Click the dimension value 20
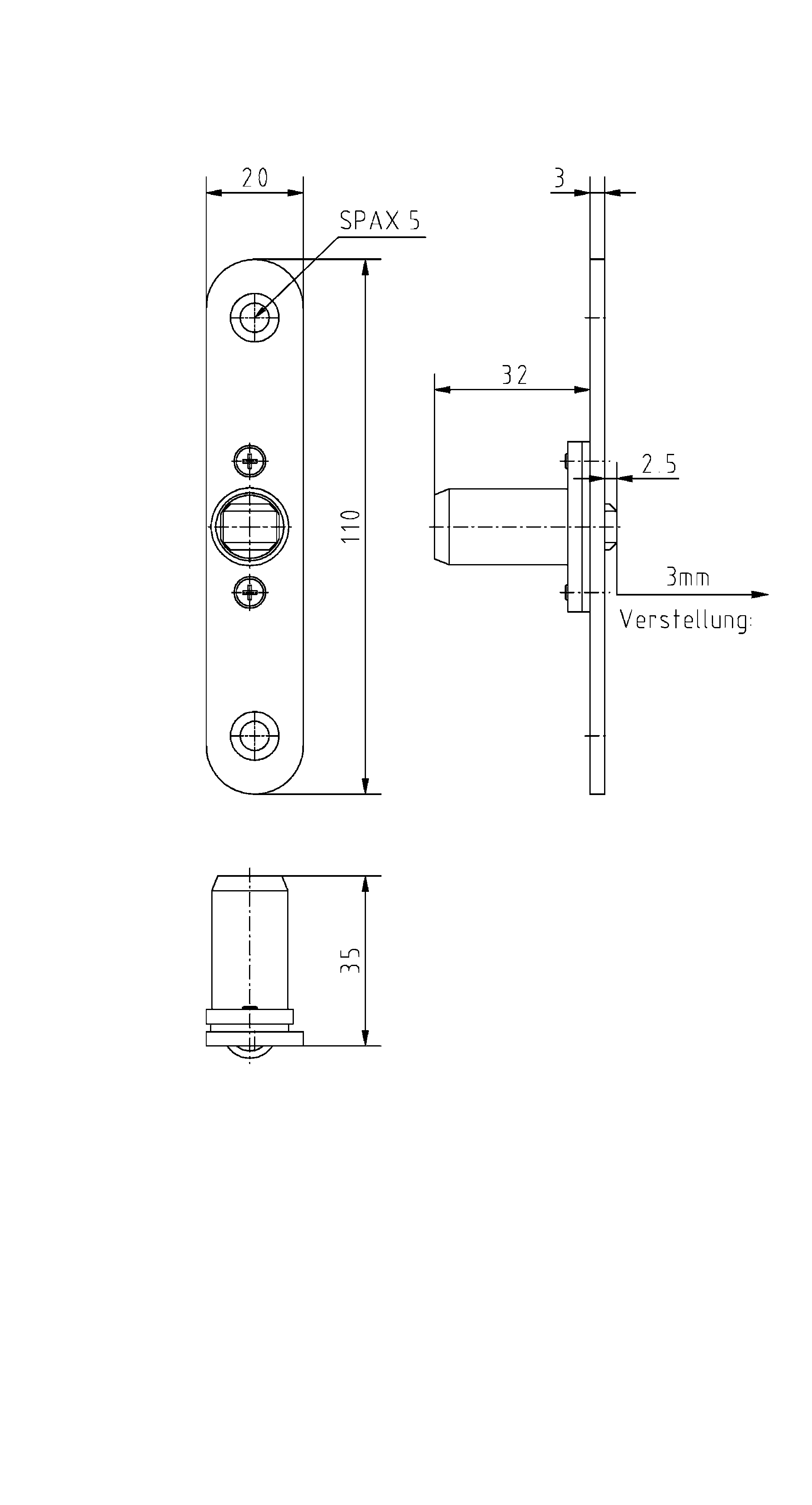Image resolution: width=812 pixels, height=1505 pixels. [255, 178]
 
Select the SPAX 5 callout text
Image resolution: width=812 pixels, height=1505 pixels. [380, 221]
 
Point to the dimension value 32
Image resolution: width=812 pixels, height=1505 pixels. [515, 375]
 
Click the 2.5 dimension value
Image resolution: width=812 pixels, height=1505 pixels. [659, 464]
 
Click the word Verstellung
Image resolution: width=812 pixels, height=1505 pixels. [686, 620]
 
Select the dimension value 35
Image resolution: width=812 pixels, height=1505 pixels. [350, 960]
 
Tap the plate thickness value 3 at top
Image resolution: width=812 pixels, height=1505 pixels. [560, 178]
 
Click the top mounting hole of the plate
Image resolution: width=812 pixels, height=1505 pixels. [255, 318]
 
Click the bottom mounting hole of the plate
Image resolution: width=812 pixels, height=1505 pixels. [255, 736]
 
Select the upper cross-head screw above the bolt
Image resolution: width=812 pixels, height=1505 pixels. [250, 461]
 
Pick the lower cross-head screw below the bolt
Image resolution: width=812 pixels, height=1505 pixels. [250, 593]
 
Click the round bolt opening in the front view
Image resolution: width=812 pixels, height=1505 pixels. [250, 527]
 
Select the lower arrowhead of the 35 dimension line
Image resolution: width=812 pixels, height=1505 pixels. [366, 1037]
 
